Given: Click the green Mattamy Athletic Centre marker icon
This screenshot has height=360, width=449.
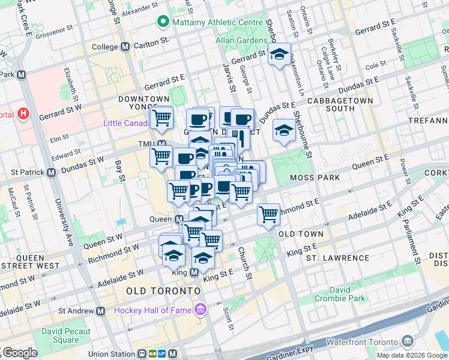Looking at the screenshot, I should click(162, 23).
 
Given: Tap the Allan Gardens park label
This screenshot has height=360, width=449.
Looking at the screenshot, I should click(241, 41).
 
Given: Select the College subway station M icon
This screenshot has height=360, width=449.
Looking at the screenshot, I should click(125, 47).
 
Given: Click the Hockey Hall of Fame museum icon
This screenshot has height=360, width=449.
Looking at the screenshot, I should click(200, 310).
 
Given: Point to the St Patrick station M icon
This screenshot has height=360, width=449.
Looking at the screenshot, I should click(51, 172).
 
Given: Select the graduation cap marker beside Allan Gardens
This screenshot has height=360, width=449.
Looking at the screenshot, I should click(279, 55).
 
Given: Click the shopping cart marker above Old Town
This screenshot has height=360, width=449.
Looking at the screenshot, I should click(268, 214).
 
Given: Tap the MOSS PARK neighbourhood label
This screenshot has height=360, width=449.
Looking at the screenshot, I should click(315, 178).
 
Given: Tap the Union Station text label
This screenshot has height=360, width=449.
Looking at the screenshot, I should click(116, 354).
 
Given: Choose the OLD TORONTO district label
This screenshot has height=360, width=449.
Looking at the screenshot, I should click(163, 290).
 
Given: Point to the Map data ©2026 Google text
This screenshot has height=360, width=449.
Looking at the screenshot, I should click(412, 355).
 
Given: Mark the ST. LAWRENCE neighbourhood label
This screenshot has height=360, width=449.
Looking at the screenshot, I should click(337, 258).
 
